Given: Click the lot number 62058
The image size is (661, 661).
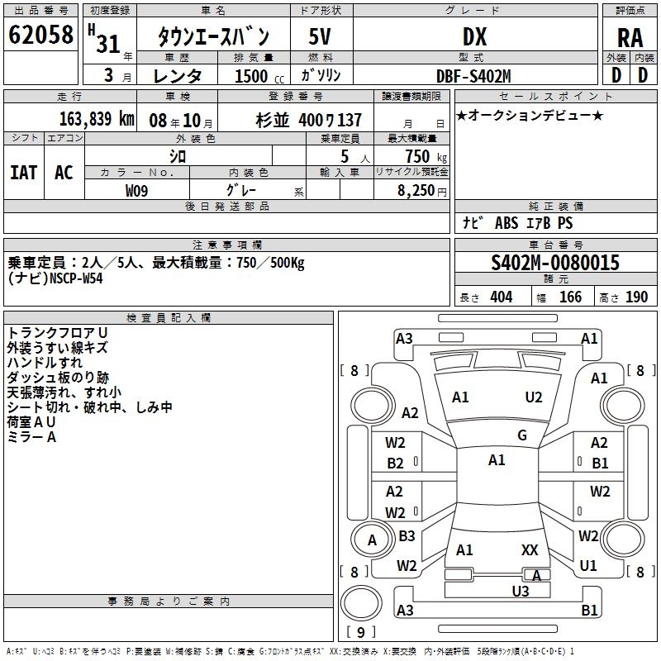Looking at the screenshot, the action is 40,35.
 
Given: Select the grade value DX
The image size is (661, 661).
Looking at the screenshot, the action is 474,36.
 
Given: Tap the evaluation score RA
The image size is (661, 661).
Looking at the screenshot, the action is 630,38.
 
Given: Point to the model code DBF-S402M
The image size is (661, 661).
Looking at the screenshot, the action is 473,76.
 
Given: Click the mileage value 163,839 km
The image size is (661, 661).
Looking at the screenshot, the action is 97,119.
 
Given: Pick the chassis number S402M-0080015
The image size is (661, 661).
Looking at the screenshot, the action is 555,263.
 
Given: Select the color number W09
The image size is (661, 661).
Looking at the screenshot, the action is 136,191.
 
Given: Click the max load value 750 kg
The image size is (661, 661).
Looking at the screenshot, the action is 426,157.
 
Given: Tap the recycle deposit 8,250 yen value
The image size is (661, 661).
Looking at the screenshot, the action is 421,191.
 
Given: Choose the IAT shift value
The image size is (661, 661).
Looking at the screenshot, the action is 23,173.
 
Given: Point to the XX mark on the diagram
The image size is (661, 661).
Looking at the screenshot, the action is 530,549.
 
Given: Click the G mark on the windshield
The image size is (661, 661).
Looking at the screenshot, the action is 522,435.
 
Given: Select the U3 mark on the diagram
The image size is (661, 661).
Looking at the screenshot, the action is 521,591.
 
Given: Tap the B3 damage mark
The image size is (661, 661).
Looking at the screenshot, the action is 407,535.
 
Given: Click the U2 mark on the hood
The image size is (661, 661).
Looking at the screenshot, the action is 533,397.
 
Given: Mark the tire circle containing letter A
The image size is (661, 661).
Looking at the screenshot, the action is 372,540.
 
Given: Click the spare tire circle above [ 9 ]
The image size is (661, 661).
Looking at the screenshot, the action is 361,603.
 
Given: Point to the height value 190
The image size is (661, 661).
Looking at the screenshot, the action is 636,297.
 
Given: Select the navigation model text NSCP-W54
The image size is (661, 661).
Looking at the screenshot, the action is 76,278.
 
